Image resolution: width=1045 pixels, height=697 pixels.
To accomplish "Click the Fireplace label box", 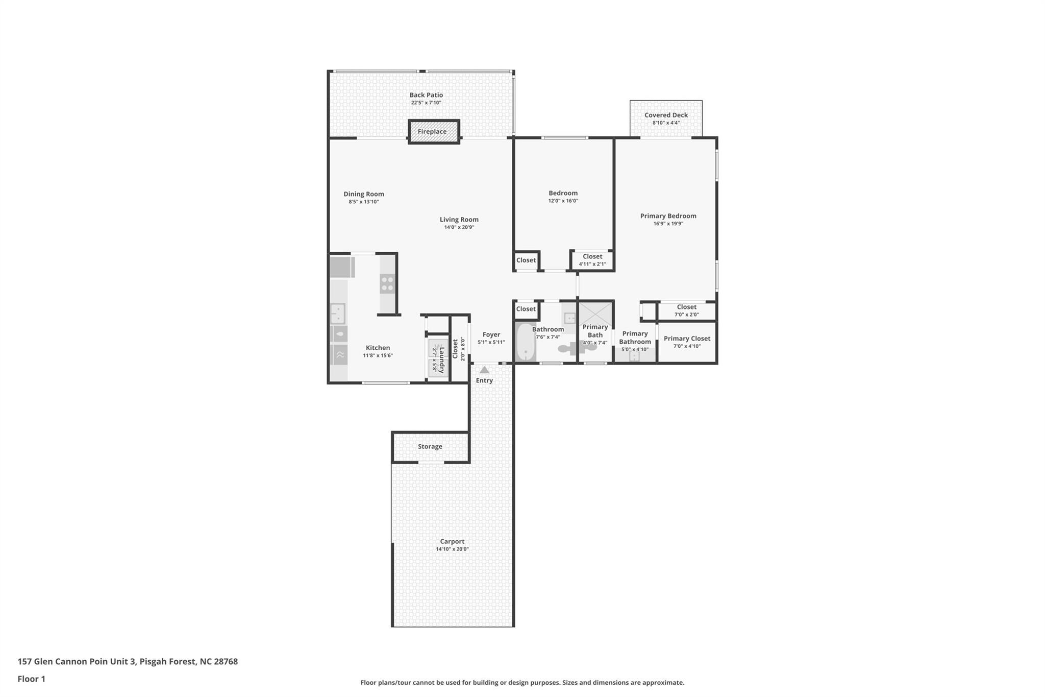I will [433, 132].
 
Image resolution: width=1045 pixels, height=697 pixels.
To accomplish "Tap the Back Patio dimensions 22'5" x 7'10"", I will [426, 103].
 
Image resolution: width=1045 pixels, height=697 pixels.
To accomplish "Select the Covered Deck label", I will [666, 115].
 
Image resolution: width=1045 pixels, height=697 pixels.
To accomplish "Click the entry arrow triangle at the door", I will [484, 370].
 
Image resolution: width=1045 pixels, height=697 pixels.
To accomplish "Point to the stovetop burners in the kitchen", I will [387, 283].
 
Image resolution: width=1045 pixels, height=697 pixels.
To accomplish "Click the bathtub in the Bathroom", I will [525, 342].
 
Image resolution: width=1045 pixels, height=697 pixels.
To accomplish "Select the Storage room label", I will [430, 446].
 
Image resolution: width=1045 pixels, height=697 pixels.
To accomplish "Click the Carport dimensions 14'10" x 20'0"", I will [452, 549].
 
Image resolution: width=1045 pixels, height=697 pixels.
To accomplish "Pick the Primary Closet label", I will [687, 339].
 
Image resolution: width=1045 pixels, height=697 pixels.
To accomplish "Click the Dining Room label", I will [363, 194].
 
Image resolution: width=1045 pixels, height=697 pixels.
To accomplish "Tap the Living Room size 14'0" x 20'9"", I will [459, 227].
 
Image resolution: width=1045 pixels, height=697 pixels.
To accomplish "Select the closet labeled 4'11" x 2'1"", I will [592, 260].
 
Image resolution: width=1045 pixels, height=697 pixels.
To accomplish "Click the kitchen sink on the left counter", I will [337, 313].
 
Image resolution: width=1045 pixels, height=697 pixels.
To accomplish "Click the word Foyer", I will [491, 334].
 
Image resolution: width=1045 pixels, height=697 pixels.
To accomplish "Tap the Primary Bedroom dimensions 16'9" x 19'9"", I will [668, 224].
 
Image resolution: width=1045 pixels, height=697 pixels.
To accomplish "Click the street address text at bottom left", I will [128, 661].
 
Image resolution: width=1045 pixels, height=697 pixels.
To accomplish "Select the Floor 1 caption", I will [31, 679].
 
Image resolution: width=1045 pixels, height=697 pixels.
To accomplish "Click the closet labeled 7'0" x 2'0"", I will [686, 310].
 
